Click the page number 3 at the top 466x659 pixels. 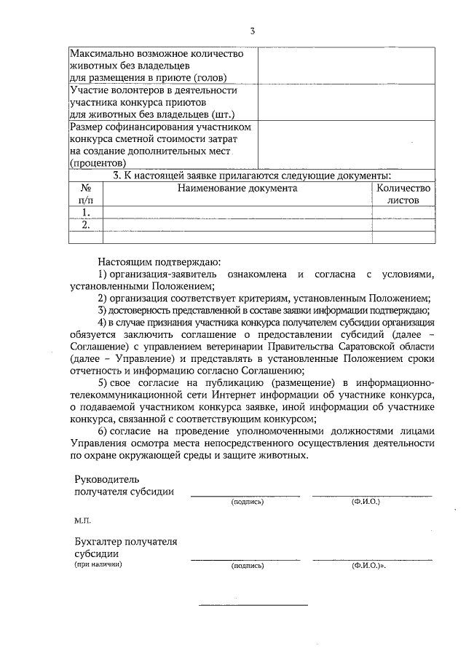pos(252,31)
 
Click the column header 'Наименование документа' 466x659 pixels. pos(237,188)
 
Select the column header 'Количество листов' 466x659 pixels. pos(403,194)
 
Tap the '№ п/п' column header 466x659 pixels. pos(85,194)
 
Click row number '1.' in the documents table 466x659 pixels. pos(85,213)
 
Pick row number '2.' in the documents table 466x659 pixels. pos(85,225)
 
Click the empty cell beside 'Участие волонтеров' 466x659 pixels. pos(346,102)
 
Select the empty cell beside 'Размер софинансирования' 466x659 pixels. pos(346,145)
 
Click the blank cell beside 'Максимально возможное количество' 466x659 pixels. pos(346,66)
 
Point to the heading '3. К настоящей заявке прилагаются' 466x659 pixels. pos(252,175)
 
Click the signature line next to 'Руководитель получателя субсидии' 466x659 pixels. pos(245,494)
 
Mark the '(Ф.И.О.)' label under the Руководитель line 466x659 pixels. pos(366,502)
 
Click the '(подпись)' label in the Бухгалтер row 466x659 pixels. pos(247,565)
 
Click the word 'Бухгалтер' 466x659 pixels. pos(100,541)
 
